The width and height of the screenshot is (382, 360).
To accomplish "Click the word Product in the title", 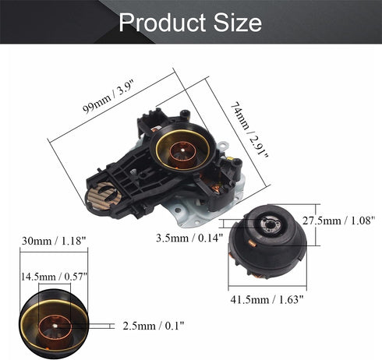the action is (162, 23).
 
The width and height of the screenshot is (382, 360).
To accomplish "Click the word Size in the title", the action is (237, 23).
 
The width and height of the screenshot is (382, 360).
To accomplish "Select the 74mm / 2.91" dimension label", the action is (249, 130).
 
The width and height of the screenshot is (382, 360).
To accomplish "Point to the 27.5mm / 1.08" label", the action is (339, 221).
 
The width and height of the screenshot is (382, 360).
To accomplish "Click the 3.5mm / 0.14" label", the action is (189, 238).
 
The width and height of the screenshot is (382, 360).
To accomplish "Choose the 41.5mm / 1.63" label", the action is (267, 300).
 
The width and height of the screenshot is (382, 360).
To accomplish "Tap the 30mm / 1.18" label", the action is (54, 241).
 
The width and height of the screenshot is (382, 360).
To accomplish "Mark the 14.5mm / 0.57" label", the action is (54, 277).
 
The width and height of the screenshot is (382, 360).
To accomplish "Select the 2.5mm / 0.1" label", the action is (154, 326).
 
